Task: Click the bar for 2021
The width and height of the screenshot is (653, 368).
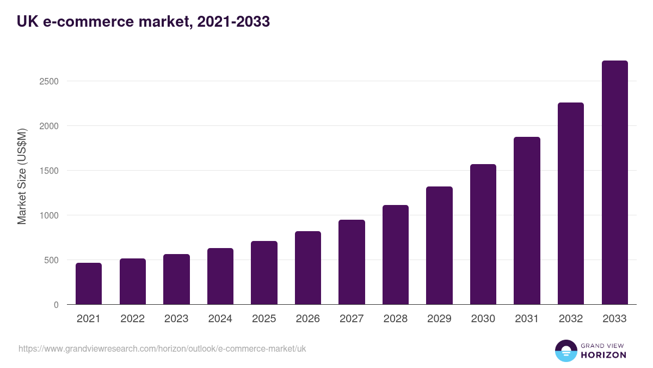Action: click(89, 283)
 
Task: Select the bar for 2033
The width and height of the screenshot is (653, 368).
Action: click(615, 183)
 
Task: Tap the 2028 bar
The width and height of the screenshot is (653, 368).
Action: click(396, 255)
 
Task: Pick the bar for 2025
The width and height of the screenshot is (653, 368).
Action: click(264, 273)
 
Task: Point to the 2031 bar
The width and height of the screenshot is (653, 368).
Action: click(527, 221)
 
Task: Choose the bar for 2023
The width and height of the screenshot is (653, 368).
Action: click(176, 279)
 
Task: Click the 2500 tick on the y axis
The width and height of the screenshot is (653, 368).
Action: click(48, 81)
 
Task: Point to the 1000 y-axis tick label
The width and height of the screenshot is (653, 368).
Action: click(48, 215)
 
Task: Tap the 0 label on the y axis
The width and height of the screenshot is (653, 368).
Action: click(56, 305)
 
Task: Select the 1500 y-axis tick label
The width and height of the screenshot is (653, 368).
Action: click(48, 171)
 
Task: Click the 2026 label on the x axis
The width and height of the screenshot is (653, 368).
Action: click(308, 319)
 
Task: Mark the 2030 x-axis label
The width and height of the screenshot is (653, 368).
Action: click(483, 319)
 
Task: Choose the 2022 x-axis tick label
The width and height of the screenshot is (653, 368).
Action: click(133, 319)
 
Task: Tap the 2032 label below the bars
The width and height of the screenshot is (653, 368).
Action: click(571, 319)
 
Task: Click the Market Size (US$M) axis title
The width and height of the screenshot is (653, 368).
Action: click(22, 177)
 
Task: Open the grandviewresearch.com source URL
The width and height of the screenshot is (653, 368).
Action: click(162, 348)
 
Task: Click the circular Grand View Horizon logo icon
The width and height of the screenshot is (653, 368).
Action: click(566, 351)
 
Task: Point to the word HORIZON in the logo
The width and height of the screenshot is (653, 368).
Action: click(603, 355)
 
